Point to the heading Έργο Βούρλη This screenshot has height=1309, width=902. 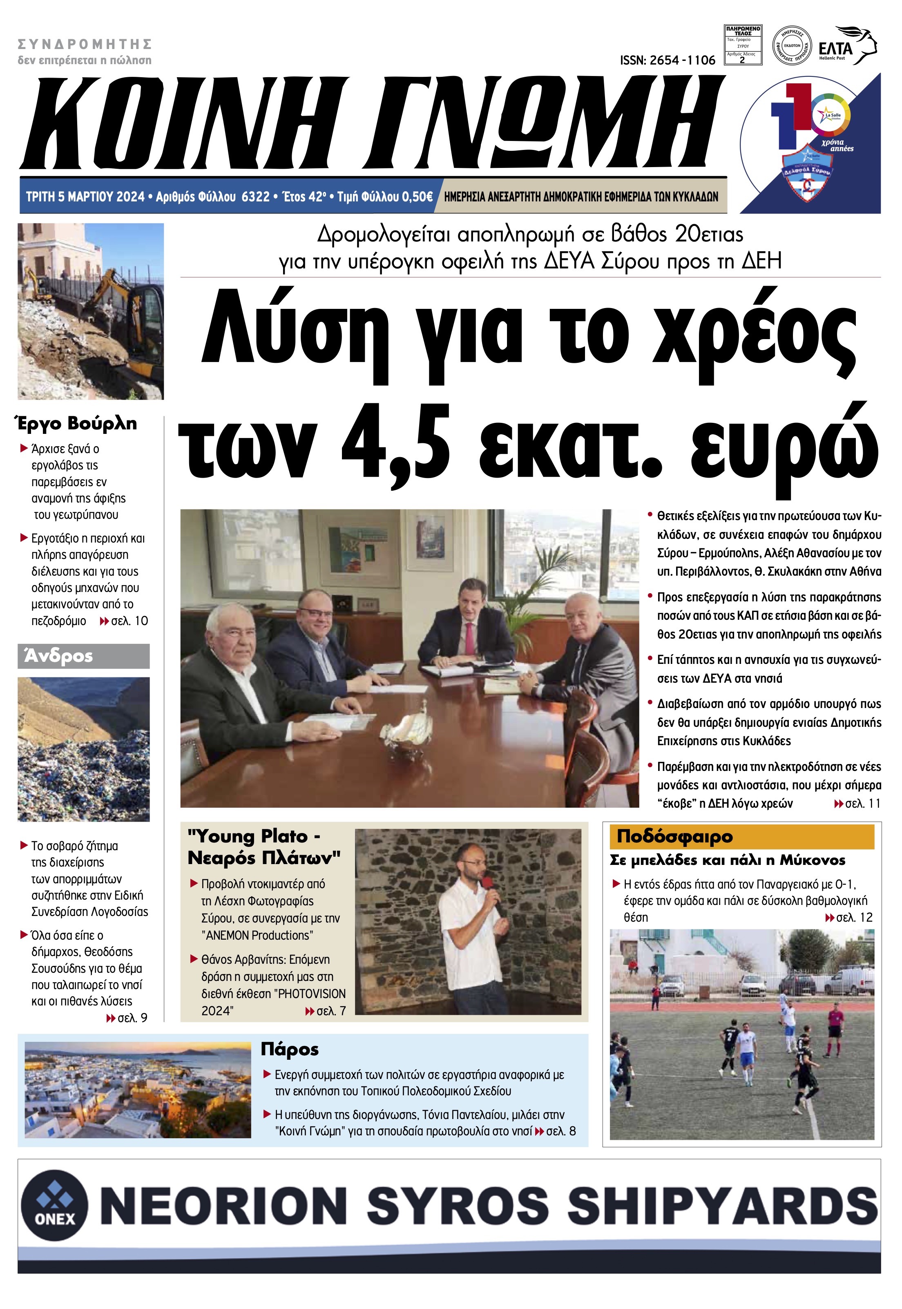[x=75, y=423]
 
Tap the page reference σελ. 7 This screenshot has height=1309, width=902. [x=330, y=1011]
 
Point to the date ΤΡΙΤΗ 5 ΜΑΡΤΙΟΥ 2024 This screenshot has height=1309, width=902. [x=85, y=197]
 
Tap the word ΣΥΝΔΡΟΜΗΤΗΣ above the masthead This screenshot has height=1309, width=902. [x=85, y=44]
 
